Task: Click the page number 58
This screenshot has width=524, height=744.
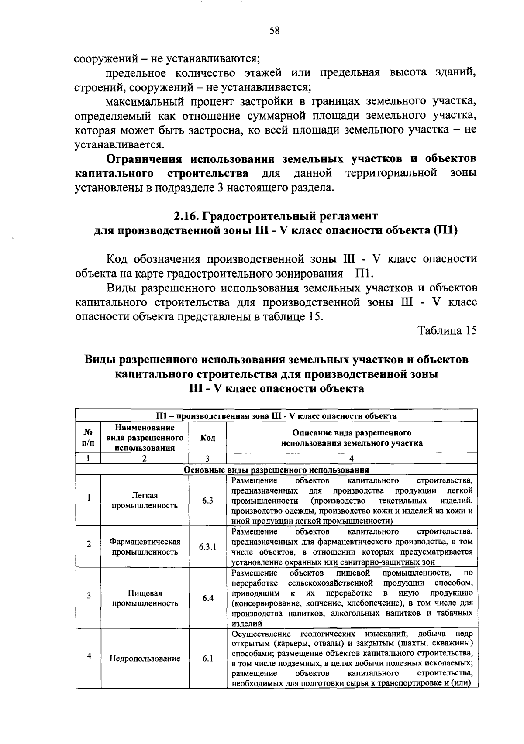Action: (x=274, y=31)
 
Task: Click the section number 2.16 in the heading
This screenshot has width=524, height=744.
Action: (x=186, y=216)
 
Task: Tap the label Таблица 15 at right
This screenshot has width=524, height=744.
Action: (x=447, y=330)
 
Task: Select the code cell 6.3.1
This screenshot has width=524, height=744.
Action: (x=207, y=546)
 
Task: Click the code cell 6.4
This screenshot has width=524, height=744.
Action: (x=207, y=598)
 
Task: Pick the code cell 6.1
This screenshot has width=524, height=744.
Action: (x=207, y=658)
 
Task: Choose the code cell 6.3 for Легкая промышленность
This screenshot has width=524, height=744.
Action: (x=207, y=501)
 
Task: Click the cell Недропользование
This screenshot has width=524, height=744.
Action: (x=145, y=658)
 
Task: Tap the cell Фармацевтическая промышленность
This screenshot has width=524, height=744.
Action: (x=145, y=546)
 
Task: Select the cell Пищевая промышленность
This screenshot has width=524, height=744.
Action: (x=145, y=598)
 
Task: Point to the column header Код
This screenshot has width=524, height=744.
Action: (x=207, y=438)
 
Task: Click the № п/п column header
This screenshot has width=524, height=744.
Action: (x=88, y=438)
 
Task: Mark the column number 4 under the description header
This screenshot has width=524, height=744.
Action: (x=352, y=459)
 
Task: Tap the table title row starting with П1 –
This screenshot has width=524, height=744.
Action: (x=276, y=416)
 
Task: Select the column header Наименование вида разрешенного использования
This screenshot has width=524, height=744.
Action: (x=145, y=438)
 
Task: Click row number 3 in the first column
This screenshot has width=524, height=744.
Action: (x=89, y=595)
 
